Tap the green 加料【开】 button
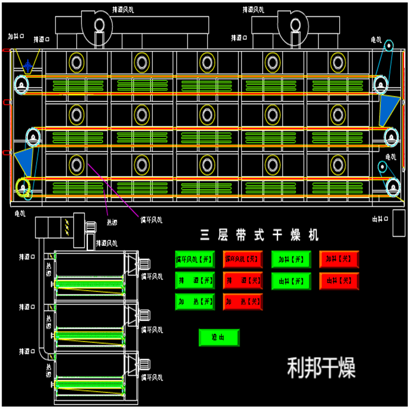291,259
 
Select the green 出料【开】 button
291,280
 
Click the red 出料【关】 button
339,280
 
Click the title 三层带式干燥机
259,236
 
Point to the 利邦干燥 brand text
321,368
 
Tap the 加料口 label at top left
15,37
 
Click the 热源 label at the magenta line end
111,222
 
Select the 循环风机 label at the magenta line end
151,220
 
